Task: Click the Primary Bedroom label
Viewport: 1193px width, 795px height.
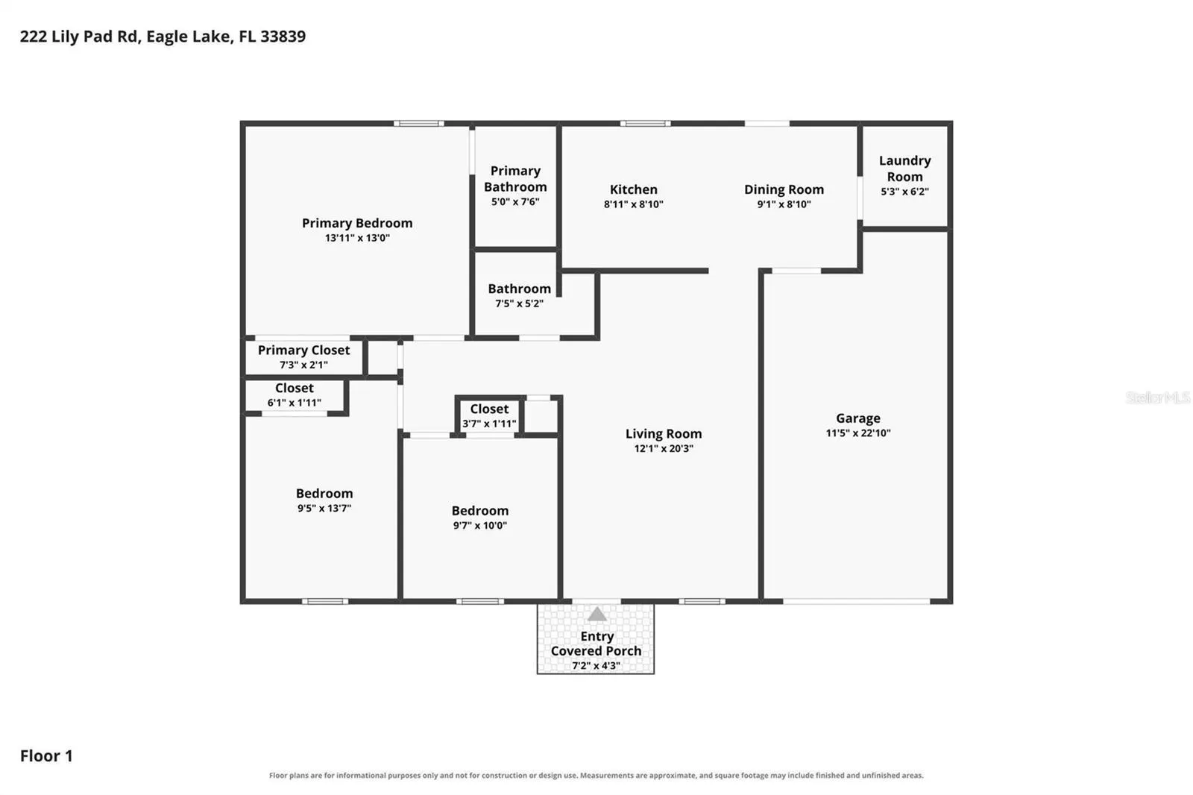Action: [x=357, y=223]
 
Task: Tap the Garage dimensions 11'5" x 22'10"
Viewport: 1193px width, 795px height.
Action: [x=858, y=433]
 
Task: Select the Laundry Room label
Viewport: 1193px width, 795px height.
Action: [x=905, y=169]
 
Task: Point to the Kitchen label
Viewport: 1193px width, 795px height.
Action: [x=633, y=189]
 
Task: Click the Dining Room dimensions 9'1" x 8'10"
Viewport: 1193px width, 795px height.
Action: [x=784, y=204]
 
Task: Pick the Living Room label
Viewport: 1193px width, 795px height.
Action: [x=664, y=434]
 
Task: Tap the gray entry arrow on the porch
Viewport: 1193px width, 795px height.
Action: [x=597, y=615]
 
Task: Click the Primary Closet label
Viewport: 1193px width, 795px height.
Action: [x=303, y=350]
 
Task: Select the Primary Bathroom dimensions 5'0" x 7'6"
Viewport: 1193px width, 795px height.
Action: [x=515, y=201]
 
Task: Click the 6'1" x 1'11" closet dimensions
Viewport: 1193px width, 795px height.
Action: [x=294, y=402]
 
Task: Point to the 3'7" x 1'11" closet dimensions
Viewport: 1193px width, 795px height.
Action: [x=489, y=424]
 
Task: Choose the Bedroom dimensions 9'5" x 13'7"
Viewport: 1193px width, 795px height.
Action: [x=324, y=508]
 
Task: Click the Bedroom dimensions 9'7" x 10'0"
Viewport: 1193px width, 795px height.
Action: [x=480, y=525]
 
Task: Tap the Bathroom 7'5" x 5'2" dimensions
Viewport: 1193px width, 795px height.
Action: [x=519, y=304]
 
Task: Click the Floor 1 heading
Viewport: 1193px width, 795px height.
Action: [x=46, y=755]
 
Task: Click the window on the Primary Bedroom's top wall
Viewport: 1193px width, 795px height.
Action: [x=418, y=124]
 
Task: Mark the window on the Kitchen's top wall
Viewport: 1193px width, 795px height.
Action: [x=645, y=124]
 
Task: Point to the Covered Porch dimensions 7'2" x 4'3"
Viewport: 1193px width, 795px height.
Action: [x=596, y=665]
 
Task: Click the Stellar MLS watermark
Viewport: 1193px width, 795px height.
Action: [x=1158, y=397]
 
